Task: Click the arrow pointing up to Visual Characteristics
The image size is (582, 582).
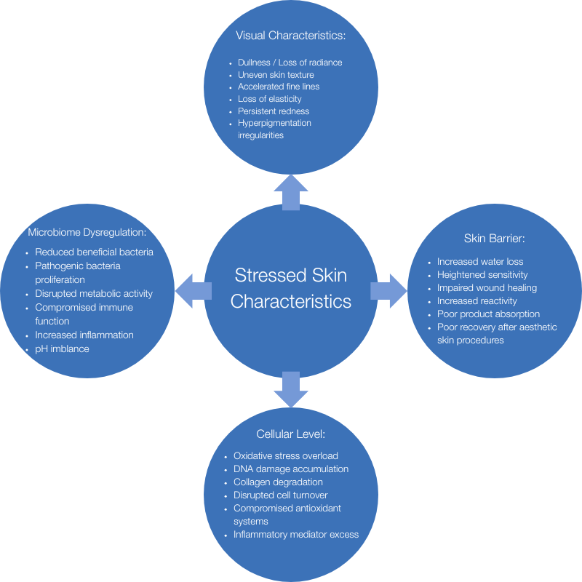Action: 290,191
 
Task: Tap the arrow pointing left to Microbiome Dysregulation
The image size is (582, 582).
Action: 192,290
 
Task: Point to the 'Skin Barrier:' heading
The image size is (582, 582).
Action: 494,238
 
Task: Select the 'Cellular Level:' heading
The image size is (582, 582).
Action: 290,434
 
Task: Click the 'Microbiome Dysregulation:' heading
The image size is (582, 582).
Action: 87,233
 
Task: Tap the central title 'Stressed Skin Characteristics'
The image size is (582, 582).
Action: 290,288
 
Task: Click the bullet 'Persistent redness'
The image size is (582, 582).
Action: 274,111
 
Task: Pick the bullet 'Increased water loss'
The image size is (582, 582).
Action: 480,261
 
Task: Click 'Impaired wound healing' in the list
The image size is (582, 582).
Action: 487,288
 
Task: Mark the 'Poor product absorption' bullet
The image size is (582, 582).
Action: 488,314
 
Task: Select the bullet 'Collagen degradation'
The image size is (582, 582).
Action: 278,482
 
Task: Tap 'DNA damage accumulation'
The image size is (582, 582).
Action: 291,469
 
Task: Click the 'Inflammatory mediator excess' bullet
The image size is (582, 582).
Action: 296,534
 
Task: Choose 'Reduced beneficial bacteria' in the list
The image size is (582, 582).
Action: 95,252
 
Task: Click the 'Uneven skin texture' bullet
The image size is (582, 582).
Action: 276,74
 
